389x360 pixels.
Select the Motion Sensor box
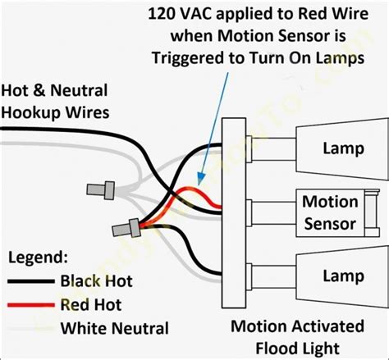click(x=330, y=212)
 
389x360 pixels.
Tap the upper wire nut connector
click(x=98, y=190)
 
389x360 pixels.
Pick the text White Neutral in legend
click(x=114, y=329)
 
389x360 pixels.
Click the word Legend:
click(x=39, y=257)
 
